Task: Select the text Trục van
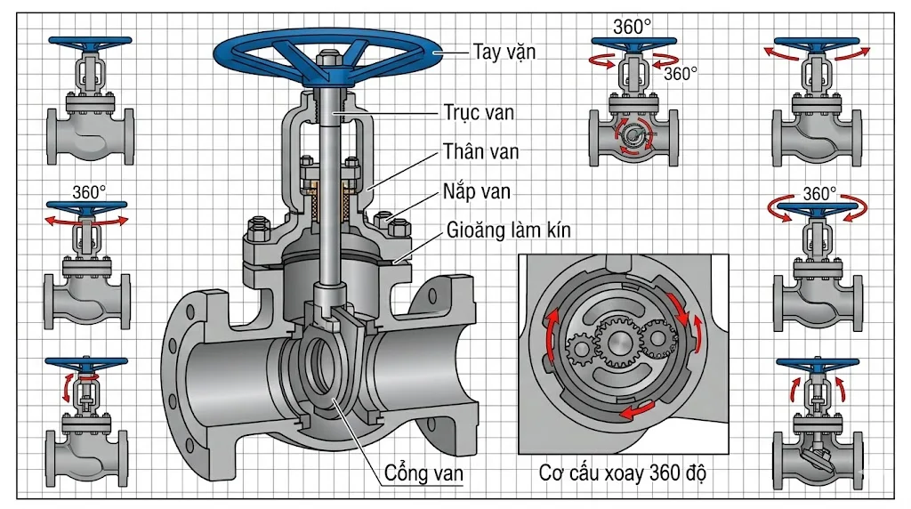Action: [479, 112]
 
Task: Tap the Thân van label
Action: [480, 151]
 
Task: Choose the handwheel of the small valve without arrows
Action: [90, 41]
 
